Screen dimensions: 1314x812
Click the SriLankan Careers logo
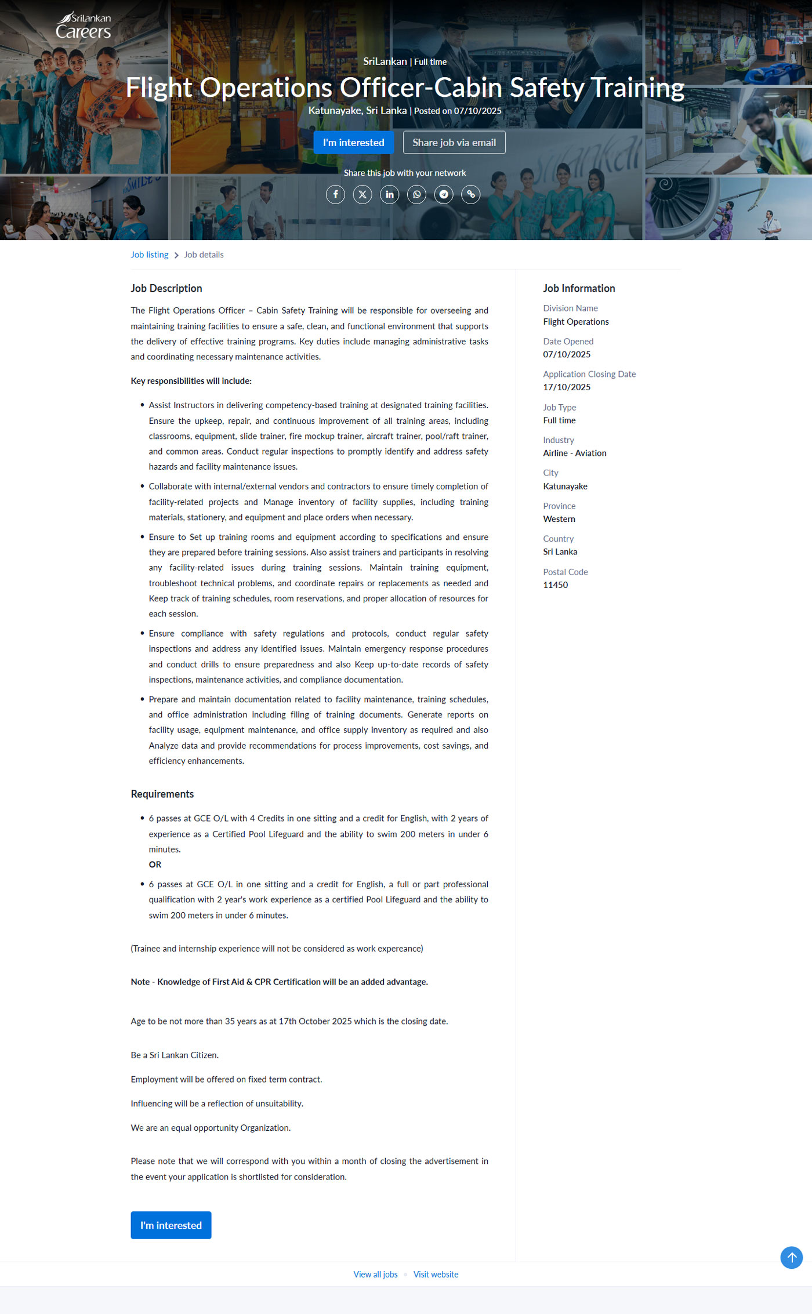83,26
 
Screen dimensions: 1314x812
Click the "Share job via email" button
454,143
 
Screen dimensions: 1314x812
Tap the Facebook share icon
335,194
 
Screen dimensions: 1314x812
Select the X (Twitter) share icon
362,194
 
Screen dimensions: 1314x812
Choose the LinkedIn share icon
390,194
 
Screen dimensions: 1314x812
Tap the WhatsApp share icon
416,194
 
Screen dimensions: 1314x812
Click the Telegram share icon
444,194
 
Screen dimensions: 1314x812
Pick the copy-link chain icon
471,194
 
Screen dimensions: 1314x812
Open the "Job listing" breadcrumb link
149,255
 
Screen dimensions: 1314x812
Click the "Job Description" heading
166,288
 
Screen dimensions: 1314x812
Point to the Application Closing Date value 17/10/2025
567,387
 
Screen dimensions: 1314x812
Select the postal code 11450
556,585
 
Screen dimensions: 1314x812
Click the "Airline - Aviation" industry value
575,453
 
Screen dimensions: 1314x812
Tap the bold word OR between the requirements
155,865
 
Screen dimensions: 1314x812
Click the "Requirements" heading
162,794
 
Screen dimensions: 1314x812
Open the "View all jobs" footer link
375,1274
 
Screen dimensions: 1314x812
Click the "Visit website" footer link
436,1274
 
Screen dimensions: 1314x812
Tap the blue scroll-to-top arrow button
791,1257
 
